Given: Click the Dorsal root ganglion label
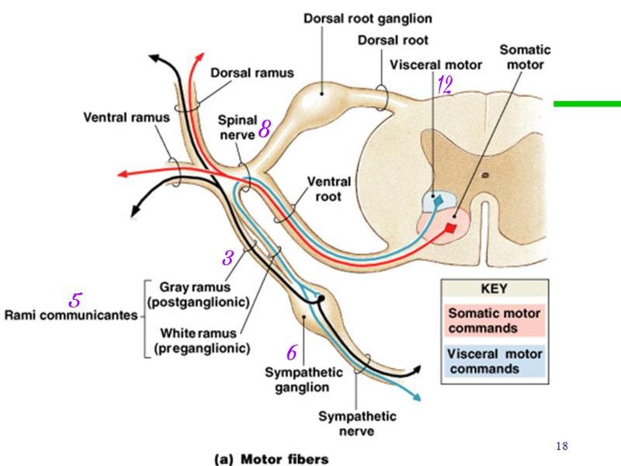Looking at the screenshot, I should click(367, 16).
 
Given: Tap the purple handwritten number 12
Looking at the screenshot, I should click(444, 85).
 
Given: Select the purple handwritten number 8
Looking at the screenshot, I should click(264, 130).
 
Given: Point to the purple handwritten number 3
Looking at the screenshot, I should click(228, 258).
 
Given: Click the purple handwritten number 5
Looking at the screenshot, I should click(75, 299).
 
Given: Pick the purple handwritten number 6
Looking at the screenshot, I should click(291, 353).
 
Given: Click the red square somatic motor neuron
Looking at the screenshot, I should click(453, 228).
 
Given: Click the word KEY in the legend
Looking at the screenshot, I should click(494, 289).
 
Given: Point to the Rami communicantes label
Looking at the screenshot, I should click(70, 316).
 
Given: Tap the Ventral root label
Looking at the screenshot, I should click(329, 189).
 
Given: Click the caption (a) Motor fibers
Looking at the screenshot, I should click(272, 458).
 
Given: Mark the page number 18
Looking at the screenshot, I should click(563, 446).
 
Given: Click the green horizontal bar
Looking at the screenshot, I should click(588, 103).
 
